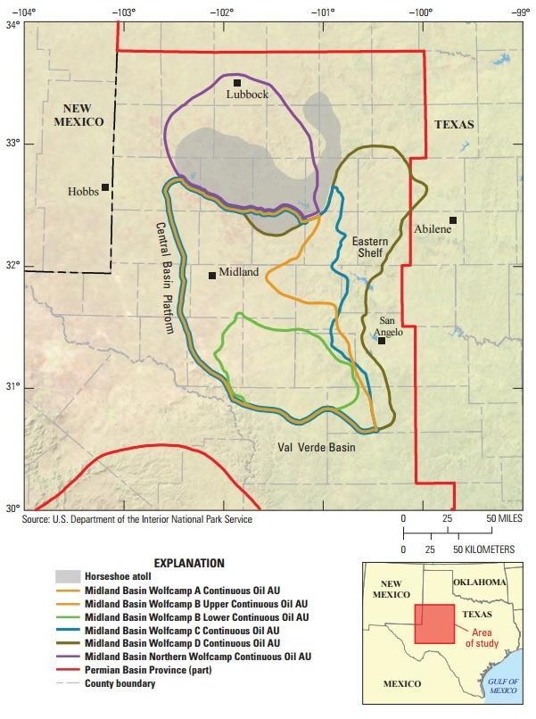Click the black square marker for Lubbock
pos(237,83)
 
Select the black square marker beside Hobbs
pos(105,187)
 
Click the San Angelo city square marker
pos(382,340)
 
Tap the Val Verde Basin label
pos(314,448)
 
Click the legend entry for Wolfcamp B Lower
pos(196,616)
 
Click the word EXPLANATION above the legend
pos(188,562)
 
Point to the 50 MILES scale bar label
pos(503,518)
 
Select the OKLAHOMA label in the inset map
pos(480,582)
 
